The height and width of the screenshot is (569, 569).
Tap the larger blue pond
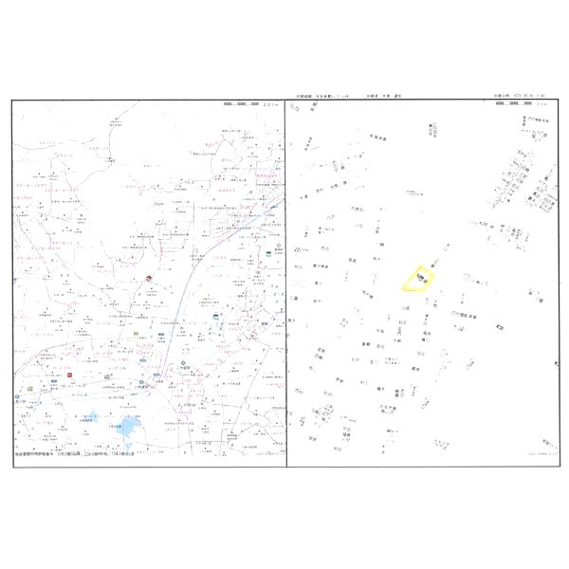coord(127,429)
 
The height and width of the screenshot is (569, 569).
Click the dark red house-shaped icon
coord(149,277)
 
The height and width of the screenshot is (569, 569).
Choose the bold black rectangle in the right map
coord(500,327)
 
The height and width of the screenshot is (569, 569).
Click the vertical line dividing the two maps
coord(285,284)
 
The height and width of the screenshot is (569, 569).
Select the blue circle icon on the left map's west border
coord(16,397)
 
